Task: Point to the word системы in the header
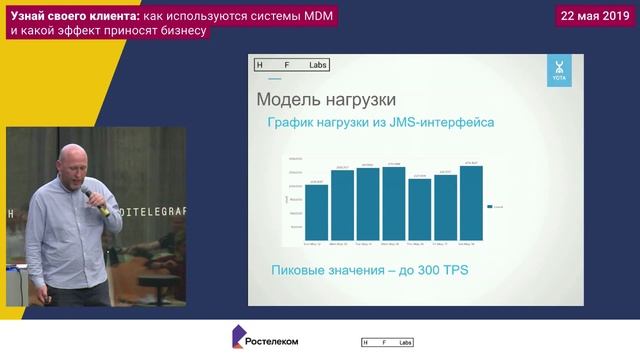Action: click(268, 15)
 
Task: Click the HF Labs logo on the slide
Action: click(290, 65)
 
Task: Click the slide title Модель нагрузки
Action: click(326, 100)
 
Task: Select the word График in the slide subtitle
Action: click(298, 123)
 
